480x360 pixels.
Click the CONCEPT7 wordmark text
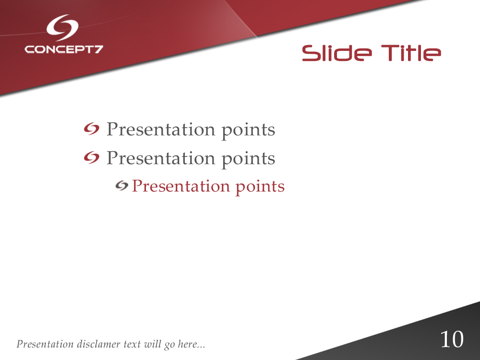pos(64,49)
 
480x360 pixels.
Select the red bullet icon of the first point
pos(91,129)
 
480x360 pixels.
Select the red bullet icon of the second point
pos(91,157)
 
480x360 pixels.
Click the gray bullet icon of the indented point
pos(122,186)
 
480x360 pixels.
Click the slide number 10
pos(452,340)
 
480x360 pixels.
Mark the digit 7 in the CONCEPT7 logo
pos(98,49)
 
